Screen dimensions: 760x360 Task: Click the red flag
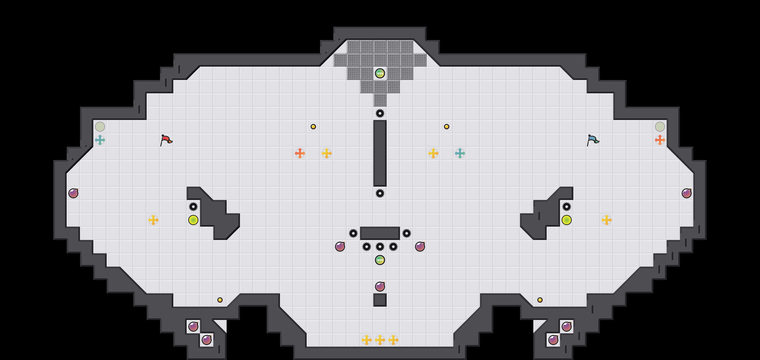(x=166, y=140)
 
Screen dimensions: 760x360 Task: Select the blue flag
(x=593, y=140)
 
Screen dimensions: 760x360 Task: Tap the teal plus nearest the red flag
(x=100, y=140)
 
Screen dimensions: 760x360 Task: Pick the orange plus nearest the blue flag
(x=660, y=140)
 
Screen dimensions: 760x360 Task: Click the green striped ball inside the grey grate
(x=380, y=73)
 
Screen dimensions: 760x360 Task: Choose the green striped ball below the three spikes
(x=380, y=260)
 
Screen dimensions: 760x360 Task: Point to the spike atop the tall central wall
(x=380, y=113)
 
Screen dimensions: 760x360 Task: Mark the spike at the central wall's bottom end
(x=380, y=193)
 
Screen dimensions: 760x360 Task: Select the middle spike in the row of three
(x=380, y=247)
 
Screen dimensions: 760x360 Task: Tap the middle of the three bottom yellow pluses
(x=380, y=340)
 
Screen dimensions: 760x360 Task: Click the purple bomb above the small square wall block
(x=380, y=287)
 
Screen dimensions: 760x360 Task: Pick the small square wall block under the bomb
(x=380, y=300)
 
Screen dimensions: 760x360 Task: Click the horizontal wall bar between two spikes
(x=380, y=233)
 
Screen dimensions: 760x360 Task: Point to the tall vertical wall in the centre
(x=380, y=153)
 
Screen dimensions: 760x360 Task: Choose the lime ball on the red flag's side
(x=193, y=220)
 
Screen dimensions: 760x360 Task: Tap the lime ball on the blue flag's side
(x=567, y=220)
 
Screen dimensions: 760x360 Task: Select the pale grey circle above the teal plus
(x=100, y=127)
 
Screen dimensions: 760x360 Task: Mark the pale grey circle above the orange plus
(x=660, y=127)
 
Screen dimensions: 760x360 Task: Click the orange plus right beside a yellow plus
(x=300, y=153)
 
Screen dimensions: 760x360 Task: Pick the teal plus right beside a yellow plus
(x=460, y=153)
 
